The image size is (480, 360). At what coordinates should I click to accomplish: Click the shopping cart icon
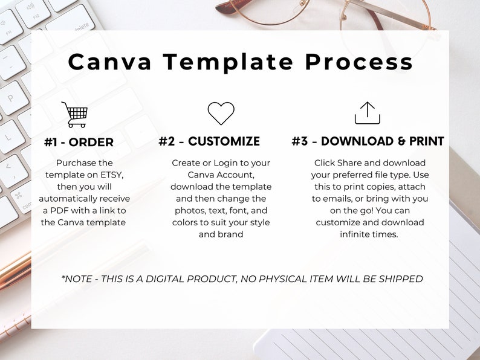75,115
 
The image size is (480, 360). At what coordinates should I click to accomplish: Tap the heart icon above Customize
221,113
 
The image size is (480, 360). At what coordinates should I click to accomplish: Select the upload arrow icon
368,113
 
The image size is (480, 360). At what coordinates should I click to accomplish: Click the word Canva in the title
109,62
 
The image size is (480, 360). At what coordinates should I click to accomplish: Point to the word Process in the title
358,62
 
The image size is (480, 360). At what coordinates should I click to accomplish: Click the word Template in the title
228,63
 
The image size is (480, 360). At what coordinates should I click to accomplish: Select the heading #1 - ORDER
79,142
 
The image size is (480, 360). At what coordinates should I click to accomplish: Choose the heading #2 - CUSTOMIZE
209,141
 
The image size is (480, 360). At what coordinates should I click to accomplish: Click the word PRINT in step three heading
427,141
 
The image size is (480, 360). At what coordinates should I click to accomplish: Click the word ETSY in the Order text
112,175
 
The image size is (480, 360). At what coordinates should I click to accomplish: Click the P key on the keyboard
11,98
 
